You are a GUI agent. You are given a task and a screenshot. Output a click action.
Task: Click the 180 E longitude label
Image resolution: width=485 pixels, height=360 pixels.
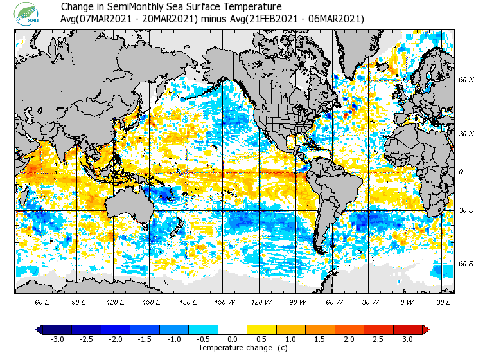(188, 301)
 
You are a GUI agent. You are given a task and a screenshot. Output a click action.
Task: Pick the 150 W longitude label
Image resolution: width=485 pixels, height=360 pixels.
(224, 301)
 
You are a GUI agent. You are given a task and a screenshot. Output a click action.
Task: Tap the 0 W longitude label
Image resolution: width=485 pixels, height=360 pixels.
(406, 301)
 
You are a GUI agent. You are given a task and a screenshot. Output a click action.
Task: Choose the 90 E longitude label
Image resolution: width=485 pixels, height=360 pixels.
(79, 301)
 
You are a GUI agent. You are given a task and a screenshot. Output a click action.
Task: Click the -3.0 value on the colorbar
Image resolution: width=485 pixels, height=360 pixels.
(57, 339)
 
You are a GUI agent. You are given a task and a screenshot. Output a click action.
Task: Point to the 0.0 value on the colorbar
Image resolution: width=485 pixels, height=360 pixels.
(233, 339)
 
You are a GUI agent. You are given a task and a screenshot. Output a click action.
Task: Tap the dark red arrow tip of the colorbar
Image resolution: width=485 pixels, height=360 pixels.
(427, 330)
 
